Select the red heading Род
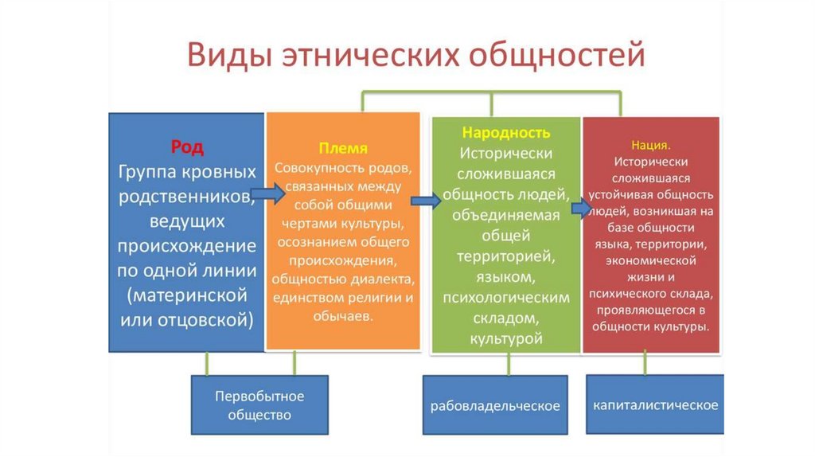(x=187, y=147)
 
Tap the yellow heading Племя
(x=343, y=149)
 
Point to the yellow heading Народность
(x=506, y=132)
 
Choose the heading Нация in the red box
(x=649, y=146)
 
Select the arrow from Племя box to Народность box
(x=426, y=201)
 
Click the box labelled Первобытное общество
(x=259, y=404)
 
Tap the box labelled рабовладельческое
(x=495, y=406)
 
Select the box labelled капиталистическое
(x=655, y=404)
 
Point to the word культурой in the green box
(x=506, y=338)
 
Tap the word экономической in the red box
(x=649, y=260)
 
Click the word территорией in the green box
(x=506, y=256)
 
